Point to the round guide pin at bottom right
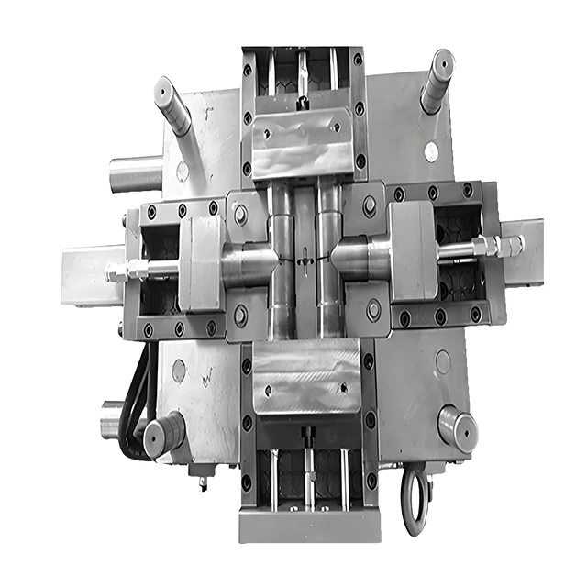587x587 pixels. tap(456, 426)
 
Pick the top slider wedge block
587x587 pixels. tap(302, 142)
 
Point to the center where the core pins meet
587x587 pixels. tap(304, 261)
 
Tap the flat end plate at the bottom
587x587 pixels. tap(307, 526)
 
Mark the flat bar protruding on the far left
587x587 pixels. tap(87, 274)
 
